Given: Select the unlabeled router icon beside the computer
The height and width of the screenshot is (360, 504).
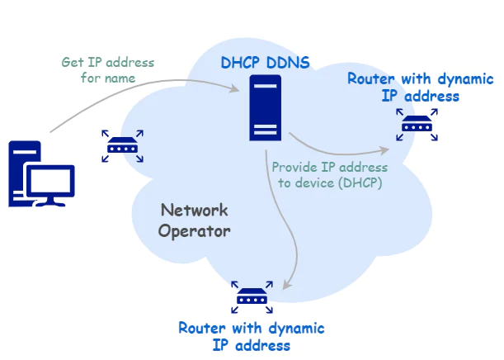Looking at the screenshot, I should (123, 147).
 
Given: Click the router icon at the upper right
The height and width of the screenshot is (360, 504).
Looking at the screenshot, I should (415, 126).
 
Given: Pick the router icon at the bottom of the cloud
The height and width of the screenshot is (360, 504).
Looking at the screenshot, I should (252, 296).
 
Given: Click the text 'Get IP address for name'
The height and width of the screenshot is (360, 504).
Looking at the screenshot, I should (107, 70).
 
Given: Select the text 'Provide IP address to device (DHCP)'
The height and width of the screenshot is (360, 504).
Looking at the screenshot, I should (329, 174).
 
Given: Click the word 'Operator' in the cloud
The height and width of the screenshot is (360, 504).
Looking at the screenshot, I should (195, 231).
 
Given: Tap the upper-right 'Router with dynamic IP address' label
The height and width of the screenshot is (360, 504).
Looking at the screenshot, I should (420, 88).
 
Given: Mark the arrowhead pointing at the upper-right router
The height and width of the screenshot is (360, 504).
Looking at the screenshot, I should (384, 149).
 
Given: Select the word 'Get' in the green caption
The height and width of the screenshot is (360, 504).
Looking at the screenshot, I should (73, 63).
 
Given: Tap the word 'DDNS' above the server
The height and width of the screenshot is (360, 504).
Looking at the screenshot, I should (289, 63).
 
